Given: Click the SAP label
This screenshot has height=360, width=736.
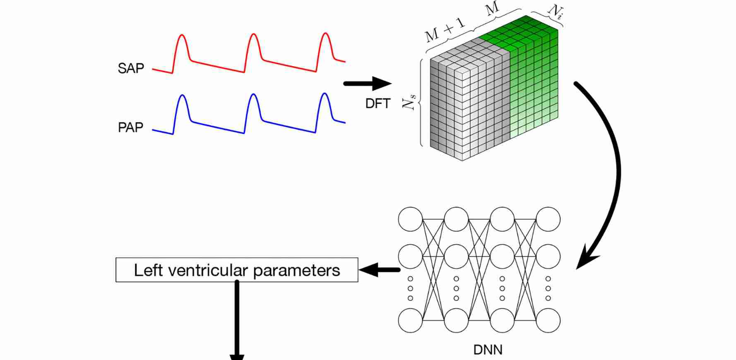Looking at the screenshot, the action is [131, 68].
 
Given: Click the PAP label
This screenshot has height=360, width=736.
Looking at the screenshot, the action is [130, 127].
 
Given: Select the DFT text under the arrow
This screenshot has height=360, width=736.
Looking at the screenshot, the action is [378, 103].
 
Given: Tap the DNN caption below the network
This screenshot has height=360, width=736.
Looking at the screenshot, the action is [488, 350].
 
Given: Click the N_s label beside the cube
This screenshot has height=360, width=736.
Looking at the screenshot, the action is [409, 101].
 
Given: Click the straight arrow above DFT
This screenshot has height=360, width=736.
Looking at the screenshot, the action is [368, 84].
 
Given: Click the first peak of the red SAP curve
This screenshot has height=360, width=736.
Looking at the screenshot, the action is [182, 36].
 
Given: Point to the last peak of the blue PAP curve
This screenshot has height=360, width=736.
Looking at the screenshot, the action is [325, 94].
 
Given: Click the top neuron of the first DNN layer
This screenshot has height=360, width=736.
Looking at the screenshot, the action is [411, 219].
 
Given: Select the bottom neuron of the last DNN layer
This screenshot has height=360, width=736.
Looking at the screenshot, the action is [548, 320].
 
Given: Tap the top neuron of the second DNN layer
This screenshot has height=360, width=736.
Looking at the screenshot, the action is [456, 219].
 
